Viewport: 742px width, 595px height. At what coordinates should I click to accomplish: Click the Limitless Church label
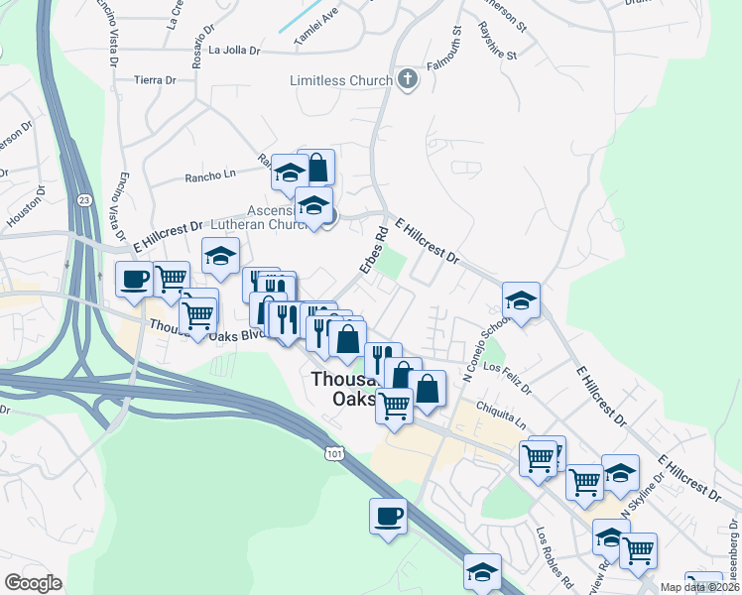coord(341,80)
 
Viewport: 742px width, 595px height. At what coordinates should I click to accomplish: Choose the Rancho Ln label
coord(208,178)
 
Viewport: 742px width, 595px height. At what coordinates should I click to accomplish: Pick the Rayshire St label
coord(497,41)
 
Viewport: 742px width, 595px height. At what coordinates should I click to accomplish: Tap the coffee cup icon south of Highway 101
coord(388,516)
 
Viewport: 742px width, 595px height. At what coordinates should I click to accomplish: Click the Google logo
coord(34,583)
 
